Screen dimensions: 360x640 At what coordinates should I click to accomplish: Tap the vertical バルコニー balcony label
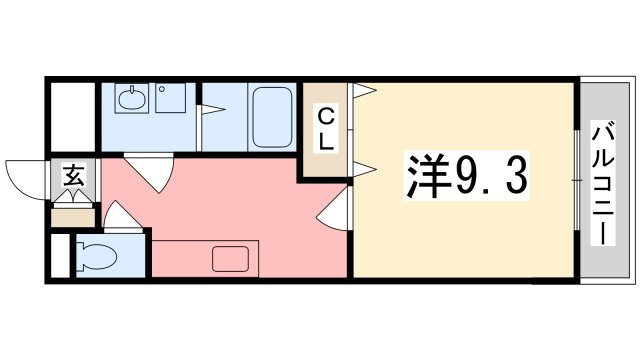[604, 181]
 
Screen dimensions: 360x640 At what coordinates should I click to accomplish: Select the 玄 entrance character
[73, 177]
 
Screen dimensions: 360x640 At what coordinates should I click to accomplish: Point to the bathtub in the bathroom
[269, 117]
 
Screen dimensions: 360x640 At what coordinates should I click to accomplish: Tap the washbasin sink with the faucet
[130, 99]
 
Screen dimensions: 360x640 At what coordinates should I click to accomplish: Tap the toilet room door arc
[117, 216]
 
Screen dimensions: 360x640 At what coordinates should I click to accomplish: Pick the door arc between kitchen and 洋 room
[333, 210]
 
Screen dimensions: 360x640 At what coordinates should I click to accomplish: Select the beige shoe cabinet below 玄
[72, 213]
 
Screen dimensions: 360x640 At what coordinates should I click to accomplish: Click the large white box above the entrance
[71, 115]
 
